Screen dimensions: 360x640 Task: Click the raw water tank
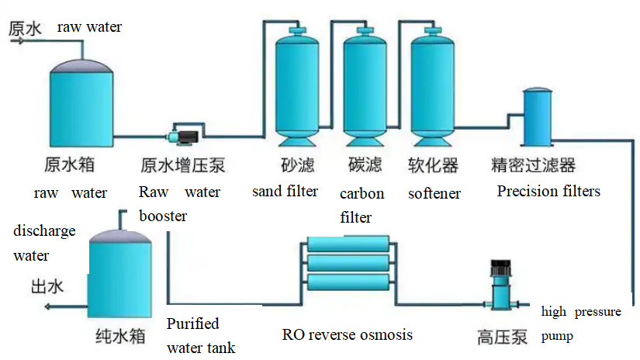[x=81, y=105]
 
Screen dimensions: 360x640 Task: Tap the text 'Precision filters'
[x=548, y=190]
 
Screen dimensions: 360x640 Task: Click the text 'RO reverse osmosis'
[x=347, y=334]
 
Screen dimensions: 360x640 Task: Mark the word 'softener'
[x=434, y=193]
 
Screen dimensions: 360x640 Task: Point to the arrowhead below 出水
[x=49, y=307]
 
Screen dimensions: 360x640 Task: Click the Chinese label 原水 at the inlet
[x=25, y=29]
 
